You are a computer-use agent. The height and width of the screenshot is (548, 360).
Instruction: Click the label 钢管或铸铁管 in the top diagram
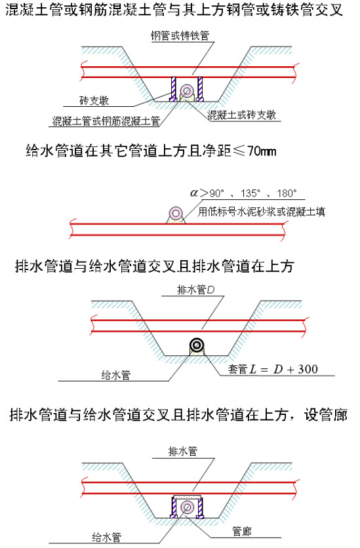point(180,35)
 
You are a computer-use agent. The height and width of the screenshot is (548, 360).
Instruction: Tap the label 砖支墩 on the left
point(94,101)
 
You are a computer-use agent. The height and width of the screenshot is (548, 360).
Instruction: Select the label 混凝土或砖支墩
point(242,115)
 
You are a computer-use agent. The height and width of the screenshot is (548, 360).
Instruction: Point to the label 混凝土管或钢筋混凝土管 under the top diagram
point(106,121)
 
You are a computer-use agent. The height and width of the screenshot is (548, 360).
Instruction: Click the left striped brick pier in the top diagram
point(173,88)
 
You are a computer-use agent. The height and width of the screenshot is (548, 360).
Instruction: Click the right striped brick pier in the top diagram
point(200,88)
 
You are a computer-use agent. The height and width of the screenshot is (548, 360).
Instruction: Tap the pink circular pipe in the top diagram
point(187,92)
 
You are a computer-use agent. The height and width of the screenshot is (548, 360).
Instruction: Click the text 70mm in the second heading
point(262,151)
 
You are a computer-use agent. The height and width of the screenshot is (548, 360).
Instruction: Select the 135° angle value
point(250,193)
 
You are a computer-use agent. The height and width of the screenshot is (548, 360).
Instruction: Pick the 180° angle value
point(287,193)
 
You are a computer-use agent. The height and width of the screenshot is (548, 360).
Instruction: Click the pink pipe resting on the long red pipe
point(176,213)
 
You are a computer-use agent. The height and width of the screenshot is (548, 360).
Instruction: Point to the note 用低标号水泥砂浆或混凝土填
point(262,212)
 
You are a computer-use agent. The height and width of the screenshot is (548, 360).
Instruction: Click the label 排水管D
point(195,290)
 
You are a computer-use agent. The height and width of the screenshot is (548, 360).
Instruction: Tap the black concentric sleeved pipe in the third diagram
point(197,345)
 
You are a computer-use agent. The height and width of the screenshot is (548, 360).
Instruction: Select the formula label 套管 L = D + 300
point(273,369)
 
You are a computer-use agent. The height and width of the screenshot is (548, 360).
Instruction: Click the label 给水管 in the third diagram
point(116,375)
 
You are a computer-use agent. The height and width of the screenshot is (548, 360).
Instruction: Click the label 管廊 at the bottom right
point(242,532)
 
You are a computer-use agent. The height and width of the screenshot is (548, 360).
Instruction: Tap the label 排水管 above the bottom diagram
point(183,451)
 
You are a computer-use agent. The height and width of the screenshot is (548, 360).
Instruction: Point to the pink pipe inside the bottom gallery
point(188,507)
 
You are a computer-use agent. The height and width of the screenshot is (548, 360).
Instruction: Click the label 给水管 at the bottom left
point(107,537)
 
